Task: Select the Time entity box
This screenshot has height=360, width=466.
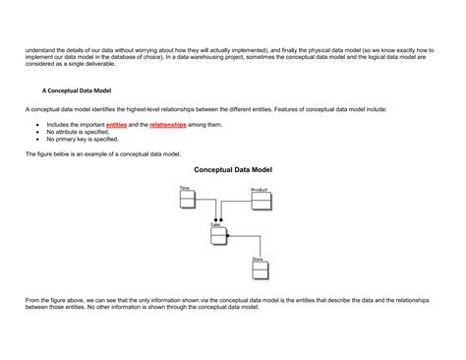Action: [x=188, y=200]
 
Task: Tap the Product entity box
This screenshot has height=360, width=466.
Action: [x=262, y=202]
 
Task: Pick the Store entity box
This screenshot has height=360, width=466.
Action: [x=261, y=270]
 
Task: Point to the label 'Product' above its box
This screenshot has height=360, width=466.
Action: [x=260, y=189]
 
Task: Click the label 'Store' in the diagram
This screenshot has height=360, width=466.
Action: [x=257, y=259]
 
